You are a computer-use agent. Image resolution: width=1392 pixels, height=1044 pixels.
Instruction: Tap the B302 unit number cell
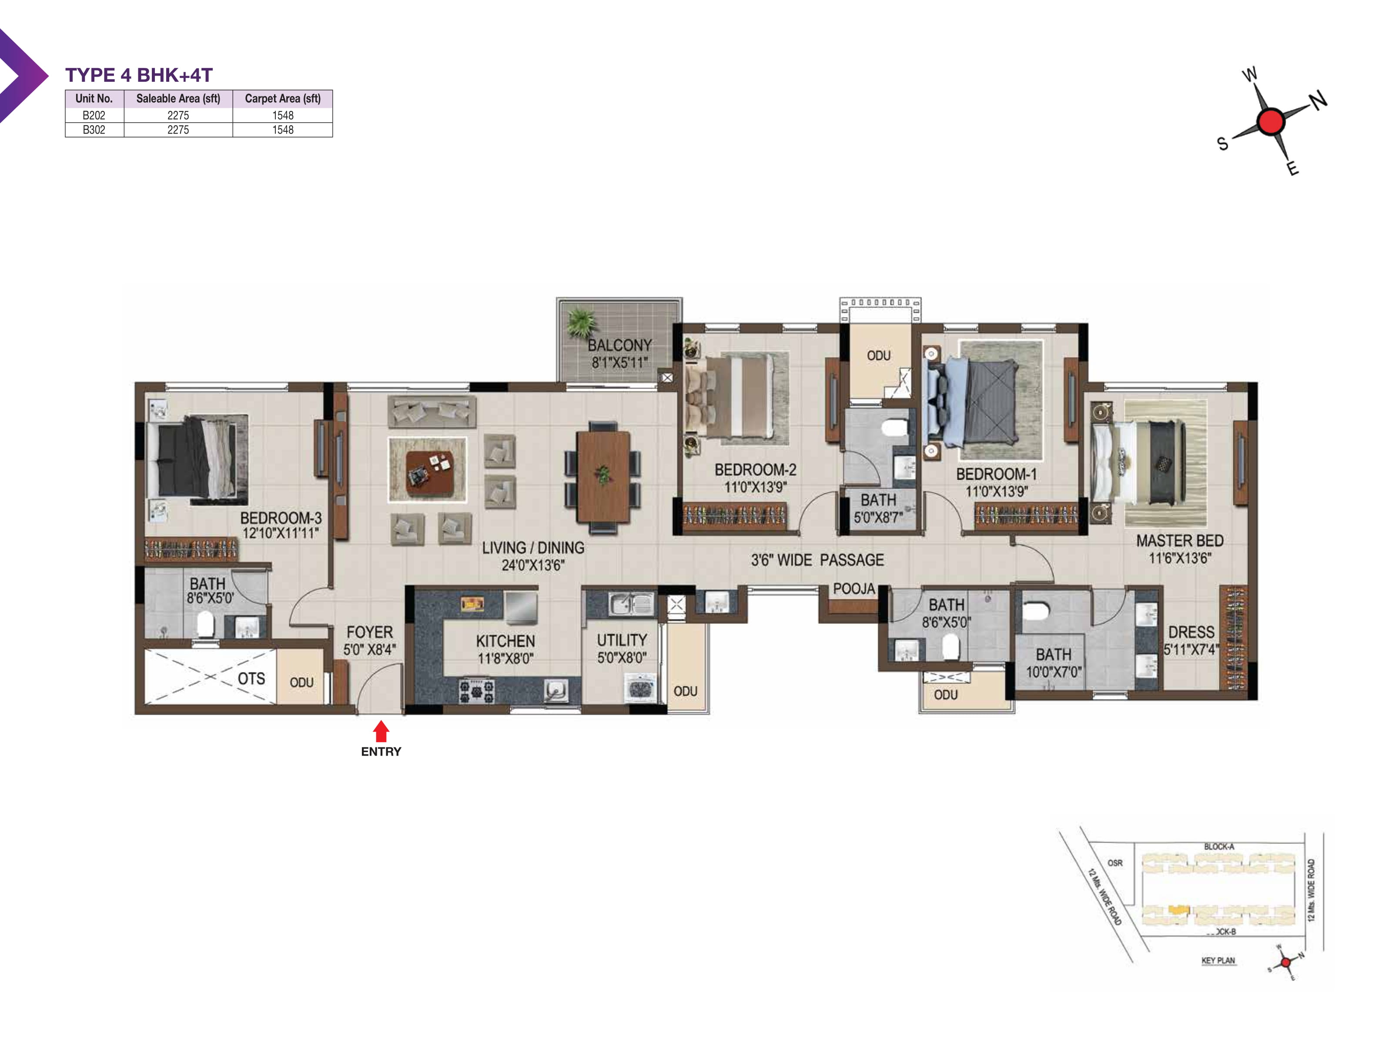pos(94,130)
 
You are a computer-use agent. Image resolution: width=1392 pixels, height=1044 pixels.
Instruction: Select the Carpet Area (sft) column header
pos(283,98)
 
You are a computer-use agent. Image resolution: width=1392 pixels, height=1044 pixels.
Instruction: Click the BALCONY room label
pos(619,345)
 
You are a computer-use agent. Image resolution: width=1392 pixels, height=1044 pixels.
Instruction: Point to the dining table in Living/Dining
pos(603,476)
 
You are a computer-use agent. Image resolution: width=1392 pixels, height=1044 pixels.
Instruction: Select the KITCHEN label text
pos(505,641)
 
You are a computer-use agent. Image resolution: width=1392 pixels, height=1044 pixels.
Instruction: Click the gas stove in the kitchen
pos(476,691)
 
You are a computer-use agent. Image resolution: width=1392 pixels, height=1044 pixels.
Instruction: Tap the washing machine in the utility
pos(641,688)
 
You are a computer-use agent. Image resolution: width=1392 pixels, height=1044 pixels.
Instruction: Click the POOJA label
pos(854,589)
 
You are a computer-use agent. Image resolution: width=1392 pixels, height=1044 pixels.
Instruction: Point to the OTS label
pos(251,678)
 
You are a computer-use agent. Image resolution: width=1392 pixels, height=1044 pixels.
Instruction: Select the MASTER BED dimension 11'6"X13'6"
pos(1179,558)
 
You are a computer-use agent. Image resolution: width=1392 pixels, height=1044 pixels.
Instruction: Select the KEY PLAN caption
pos(1218,960)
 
